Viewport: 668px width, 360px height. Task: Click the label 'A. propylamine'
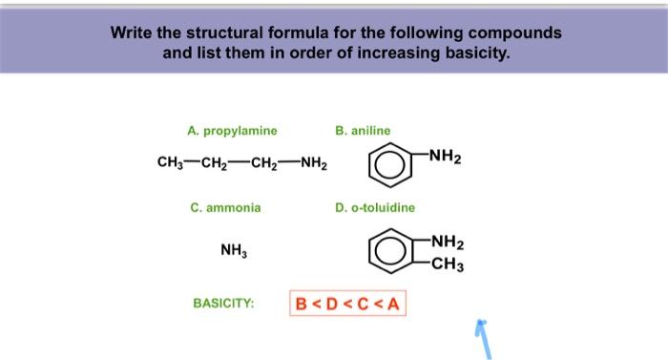tap(233, 131)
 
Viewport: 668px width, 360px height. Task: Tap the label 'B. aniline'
tap(363, 131)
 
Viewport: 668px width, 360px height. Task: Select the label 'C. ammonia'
tap(225, 207)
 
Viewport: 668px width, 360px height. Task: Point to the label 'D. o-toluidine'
tap(375, 207)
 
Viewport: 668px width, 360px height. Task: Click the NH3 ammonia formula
tap(232, 251)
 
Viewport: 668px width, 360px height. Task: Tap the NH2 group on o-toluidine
tap(446, 243)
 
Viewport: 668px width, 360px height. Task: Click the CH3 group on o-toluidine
tap(446, 265)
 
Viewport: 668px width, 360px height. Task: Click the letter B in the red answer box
tap(302, 305)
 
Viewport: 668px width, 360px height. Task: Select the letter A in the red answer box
tap(392, 305)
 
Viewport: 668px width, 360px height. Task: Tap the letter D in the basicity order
tap(331, 305)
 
